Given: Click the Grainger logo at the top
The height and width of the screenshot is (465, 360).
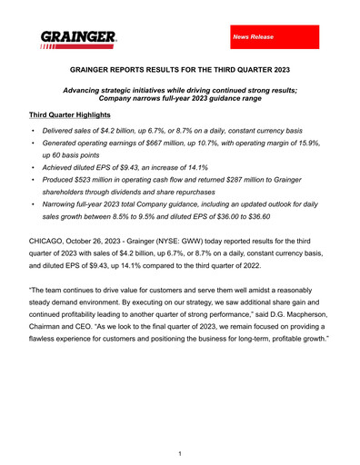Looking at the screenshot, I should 78,39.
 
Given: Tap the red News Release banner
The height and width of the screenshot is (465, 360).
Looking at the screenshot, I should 274,36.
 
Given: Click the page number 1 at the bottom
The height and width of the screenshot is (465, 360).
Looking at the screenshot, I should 180,452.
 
